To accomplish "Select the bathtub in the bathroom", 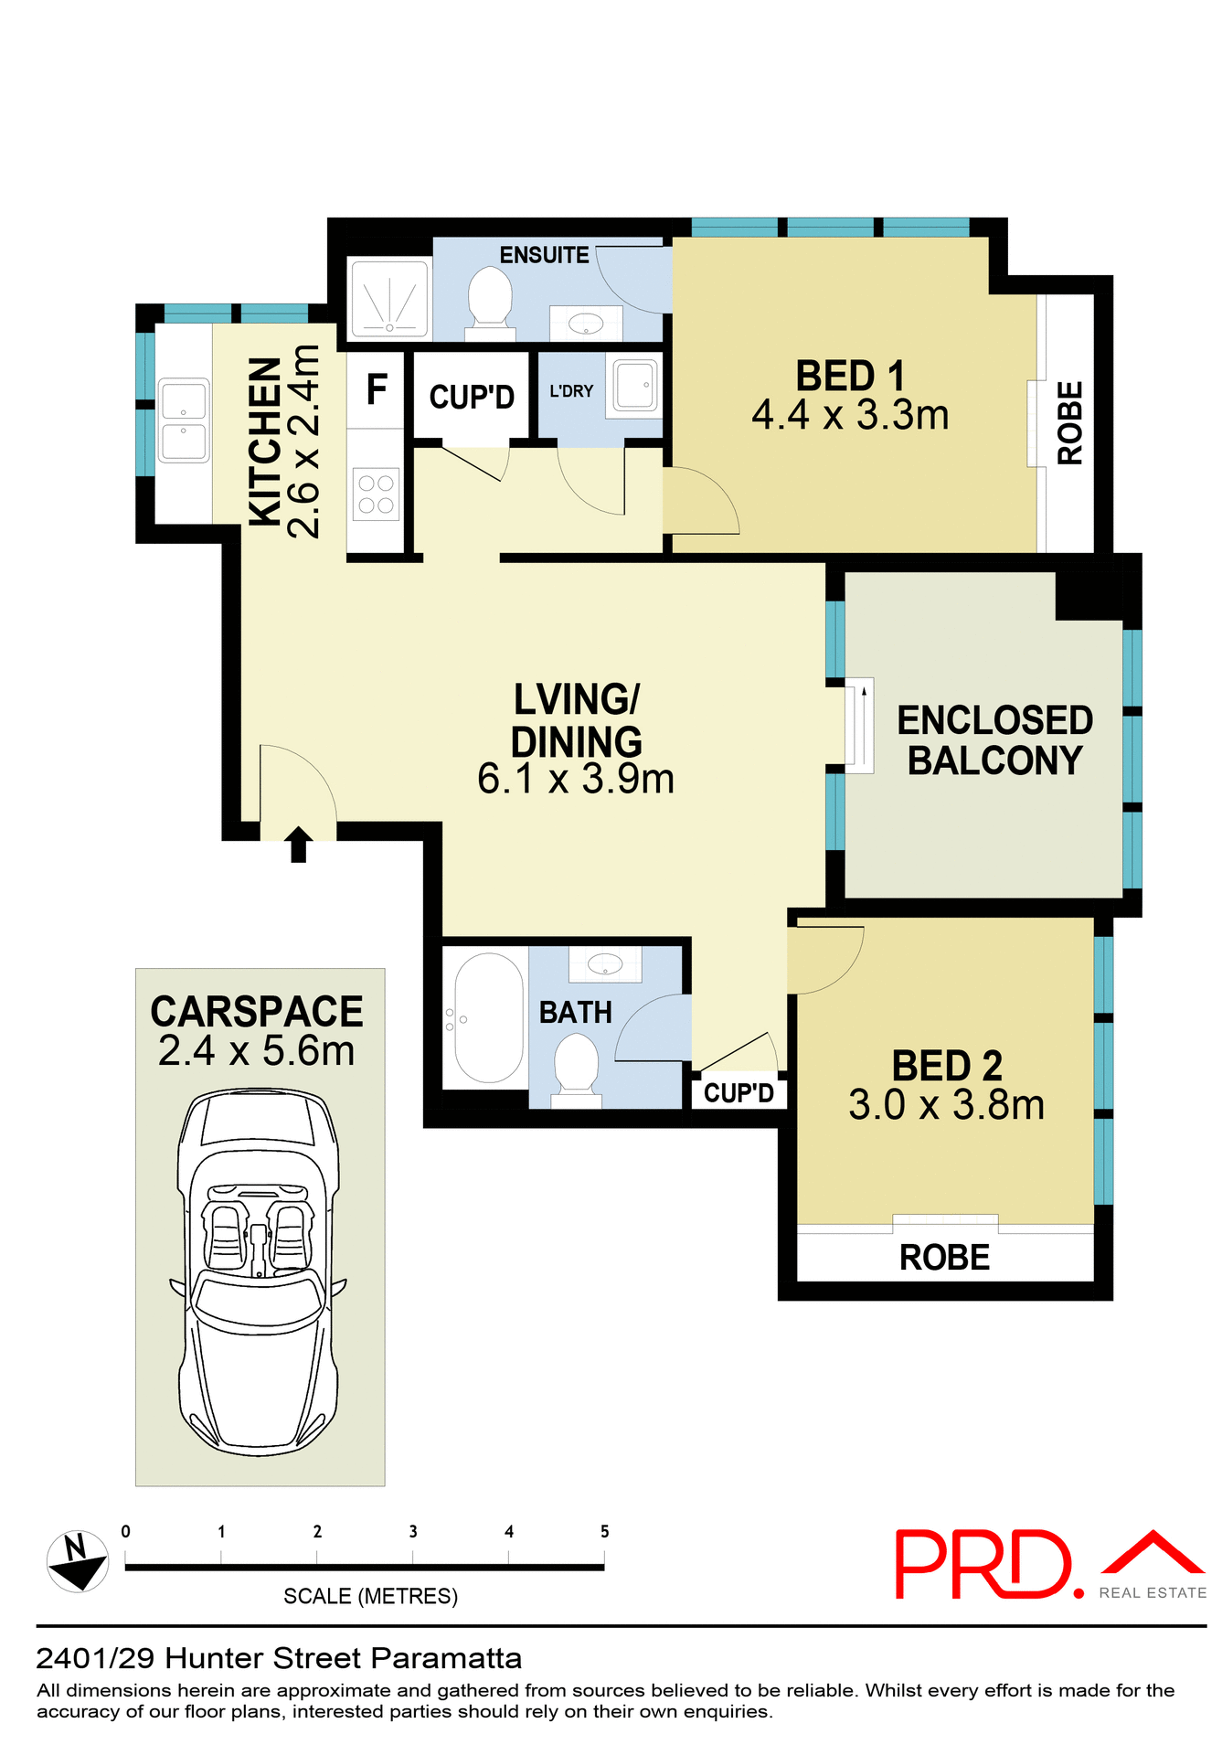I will coord(487,1018).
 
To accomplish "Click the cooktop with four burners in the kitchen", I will coord(376,494).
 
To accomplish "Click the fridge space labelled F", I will coord(376,390).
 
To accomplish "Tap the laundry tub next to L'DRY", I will coord(634,384).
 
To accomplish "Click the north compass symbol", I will coord(77,1561).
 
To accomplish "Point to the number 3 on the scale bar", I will coord(413,1531).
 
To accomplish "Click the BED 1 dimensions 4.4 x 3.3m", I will coord(850,416).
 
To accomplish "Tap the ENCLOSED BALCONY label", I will coord(994,740).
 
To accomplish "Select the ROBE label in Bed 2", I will coord(944,1258).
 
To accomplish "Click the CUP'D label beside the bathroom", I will coord(739,1092).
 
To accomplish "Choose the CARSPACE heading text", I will coord(257,1012).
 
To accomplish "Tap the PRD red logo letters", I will coord(983,1565).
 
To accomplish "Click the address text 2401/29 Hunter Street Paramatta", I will coord(279,1658).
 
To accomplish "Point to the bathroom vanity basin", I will coord(604,963).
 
